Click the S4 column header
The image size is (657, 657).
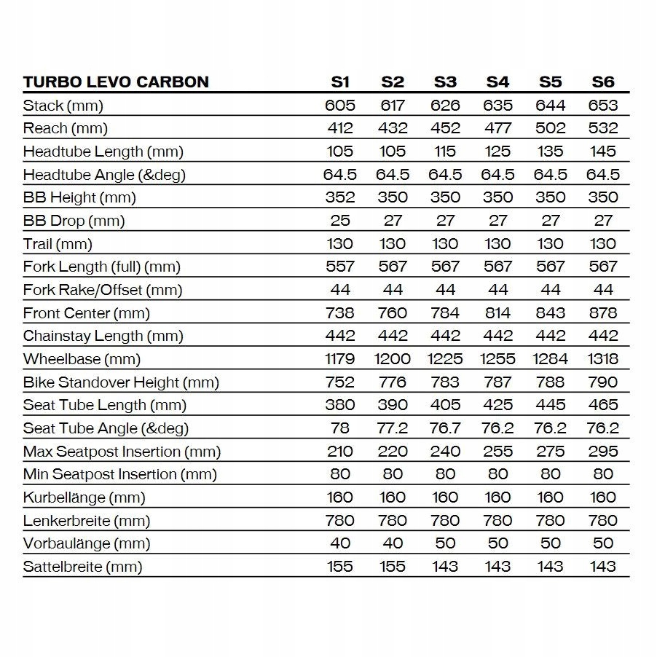pos(497,82)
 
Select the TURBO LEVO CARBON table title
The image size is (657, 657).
pos(116,82)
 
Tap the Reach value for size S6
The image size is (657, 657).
pos(603,128)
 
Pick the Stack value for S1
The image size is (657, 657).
pos(340,105)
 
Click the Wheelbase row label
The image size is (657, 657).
pos(82,359)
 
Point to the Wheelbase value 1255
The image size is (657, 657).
pos(497,359)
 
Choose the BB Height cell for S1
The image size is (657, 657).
pos(340,197)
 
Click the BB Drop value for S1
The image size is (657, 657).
pos(340,221)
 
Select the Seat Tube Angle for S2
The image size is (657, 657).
pos(393,428)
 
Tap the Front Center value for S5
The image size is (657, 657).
pos(550,313)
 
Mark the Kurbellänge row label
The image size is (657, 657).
pos(84,497)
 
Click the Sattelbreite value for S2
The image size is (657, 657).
pos(393,567)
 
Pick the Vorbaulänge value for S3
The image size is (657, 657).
pos(445,543)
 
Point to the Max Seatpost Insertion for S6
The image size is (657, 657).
pos(603,452)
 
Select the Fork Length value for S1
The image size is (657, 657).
pos(340,267)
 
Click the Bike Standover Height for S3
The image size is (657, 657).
pos(445,382)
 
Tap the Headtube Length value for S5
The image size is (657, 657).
pos(550,152)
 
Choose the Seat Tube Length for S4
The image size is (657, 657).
pos(497,405)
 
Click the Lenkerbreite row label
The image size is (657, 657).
pos(87,521)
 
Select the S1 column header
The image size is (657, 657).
pos(340,82)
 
